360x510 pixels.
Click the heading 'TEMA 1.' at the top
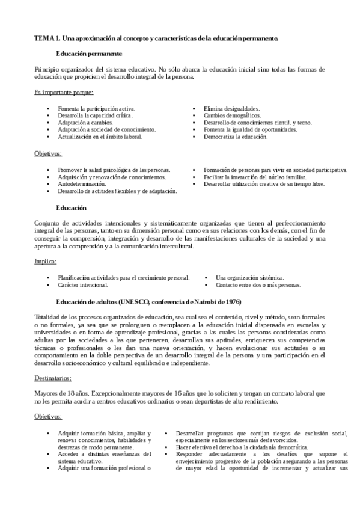(x=49, y=38)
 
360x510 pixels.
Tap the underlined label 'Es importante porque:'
(x=64, y=93)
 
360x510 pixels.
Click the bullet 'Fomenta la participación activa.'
(x=97, y=108)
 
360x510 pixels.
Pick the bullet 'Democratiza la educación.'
(x=236, y=137)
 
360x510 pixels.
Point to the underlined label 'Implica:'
(x=46, y=262)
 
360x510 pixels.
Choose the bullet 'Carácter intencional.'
(x=83, y=284)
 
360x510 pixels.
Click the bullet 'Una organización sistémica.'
(x=249, y=277)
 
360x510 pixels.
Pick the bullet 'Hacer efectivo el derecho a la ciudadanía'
(x=242, y=447)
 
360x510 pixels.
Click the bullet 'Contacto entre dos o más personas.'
(x=258, y=284)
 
